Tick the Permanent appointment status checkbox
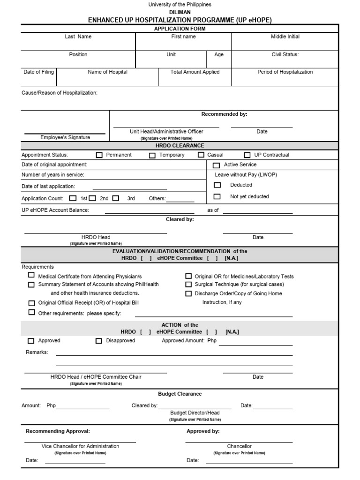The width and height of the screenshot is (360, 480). coord(99,155)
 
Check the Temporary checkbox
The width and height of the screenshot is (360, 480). coord(152,155)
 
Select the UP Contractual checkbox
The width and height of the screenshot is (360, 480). coord(247,155)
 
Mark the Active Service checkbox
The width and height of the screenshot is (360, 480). coord(216,165)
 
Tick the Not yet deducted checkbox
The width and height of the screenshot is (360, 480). coord(217,197)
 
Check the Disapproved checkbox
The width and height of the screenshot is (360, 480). coord(99,341)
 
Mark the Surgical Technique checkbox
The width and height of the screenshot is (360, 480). coord(188,285)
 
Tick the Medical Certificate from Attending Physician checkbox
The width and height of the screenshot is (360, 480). coord(31,276)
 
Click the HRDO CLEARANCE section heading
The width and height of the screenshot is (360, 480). coord(180,146)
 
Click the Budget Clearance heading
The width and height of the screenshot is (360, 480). coord(180,394)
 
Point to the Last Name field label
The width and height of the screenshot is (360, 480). coord(78,37)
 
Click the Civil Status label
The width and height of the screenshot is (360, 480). coord(285,54)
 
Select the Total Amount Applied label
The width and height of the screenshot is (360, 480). coord(195,72)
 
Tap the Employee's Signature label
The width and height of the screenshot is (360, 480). coord(65,137)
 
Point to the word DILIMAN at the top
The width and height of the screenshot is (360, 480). coord(180,13)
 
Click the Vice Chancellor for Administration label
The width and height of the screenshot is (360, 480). coord(80,446)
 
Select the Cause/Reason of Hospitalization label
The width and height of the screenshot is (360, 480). coord(60,93)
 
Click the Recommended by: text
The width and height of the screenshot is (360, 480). coord(224,114)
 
